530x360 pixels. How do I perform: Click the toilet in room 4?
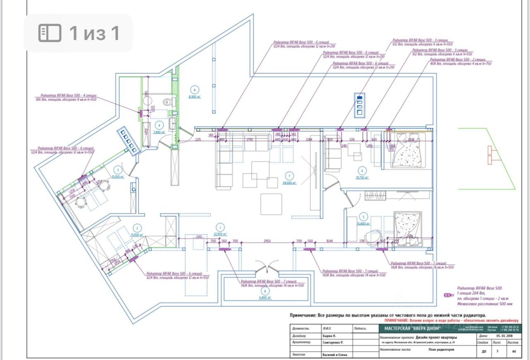(x=167, y=101)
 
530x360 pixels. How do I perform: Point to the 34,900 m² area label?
(x=289, y=182)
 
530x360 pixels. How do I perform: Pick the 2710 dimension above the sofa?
(x=250, y=140)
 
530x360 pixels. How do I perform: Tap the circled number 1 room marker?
(x=220, y=227)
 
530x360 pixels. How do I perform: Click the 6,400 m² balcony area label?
(x=265, y=298)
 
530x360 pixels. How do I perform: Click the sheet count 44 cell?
(x=514, y=351)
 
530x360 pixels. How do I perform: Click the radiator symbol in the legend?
(x=447, y=295)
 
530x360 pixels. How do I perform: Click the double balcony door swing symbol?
(x=266, y=266)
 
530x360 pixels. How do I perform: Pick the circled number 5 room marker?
(x=363, y=216)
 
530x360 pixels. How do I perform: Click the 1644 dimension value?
(x=330, y=241)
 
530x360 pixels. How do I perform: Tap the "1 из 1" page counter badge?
(x=78, y=33)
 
